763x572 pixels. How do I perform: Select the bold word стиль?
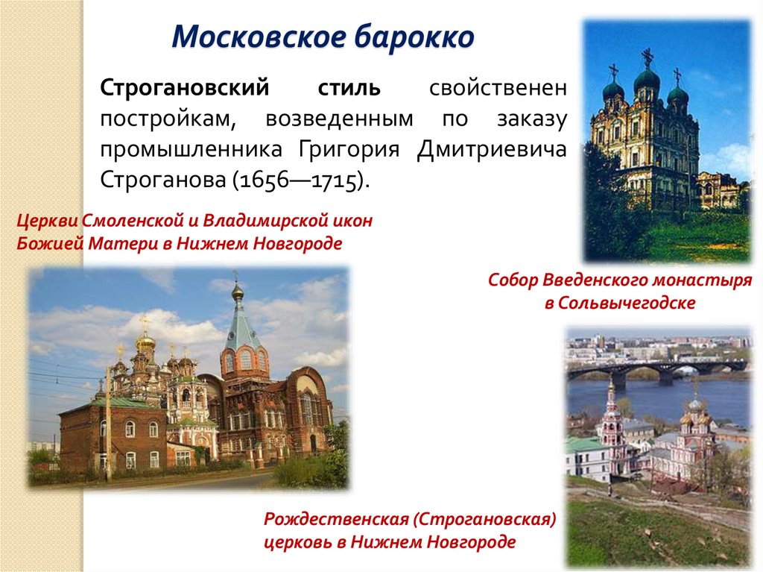345,88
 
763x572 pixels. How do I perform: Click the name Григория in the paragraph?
347,149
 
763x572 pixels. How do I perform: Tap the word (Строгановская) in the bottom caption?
491,518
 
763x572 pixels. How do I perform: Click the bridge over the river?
656,368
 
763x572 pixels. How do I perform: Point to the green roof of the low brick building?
97,404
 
